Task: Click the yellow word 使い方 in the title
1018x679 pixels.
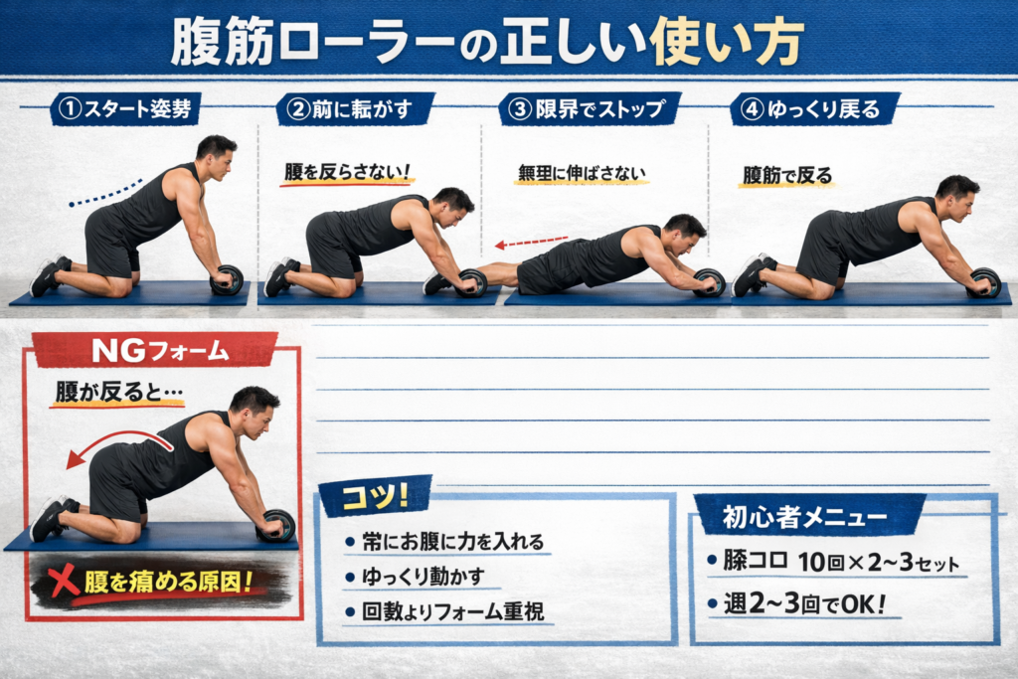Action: point(727,42)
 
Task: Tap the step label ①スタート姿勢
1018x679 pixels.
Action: point(125,108)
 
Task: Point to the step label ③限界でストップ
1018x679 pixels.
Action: point(589,108)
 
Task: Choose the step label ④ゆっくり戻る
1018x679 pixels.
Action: point(815,108)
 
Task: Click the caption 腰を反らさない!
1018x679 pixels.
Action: point(347,171)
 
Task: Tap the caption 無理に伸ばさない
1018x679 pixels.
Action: point(582,173)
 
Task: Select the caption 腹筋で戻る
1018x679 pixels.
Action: point(787,175)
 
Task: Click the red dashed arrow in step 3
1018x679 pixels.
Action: point(531,243)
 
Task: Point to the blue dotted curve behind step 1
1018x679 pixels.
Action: point(104,194)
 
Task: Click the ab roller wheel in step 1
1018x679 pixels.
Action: point(228,279)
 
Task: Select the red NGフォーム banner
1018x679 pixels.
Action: point(156,350)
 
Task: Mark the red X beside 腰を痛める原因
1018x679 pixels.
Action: point(63,580)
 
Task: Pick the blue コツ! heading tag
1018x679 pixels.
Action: point(374,496)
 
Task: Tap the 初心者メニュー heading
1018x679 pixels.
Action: point(805,517)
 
